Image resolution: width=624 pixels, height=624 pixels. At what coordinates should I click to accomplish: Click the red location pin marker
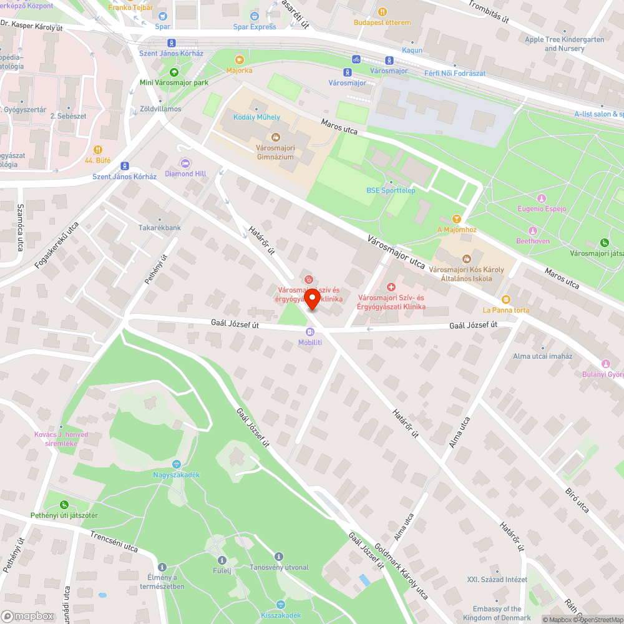pyautogui.click(x=312, y=298)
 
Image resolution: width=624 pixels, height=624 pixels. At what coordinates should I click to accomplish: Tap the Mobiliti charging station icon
pyautogui.click(x=310, y=332)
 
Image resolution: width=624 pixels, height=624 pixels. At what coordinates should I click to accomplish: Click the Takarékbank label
pyautogui.click(x=160, y=228)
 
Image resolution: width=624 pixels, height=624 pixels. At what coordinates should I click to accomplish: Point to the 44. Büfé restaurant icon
pyautogui.click(x=97, y=150)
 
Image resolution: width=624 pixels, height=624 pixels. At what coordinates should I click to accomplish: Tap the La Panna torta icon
pyautogui.click(x=505, y=300)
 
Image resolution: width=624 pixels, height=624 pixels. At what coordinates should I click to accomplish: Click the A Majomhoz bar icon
pyautogui.click(x=457, y=219)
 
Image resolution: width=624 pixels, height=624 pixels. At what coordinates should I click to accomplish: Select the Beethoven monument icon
pyautogui.click(x=532, y=230)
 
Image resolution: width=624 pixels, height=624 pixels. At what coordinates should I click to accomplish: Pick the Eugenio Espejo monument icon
pyautogui.click(x=541, y=198)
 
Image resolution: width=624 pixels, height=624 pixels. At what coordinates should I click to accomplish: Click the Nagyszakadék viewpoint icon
pyautogui.click(x=177, y=464)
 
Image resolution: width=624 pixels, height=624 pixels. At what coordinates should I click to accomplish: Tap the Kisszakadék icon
pyautogui.click(x=280, y=604)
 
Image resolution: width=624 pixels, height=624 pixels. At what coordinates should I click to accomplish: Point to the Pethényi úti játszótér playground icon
pyautogui.click(x=64, y=505)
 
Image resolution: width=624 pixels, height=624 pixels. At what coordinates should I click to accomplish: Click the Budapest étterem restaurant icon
pyautogui.click(x=383, y=12)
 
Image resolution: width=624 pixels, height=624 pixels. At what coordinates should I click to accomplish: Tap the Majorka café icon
pyautogui.click(x=239, y=60)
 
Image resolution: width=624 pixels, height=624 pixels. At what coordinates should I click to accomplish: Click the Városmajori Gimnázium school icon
pyautogui.click(x=275, y=137)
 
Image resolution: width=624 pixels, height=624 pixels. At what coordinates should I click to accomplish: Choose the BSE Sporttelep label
pyautogui.click(x=391, y=191)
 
